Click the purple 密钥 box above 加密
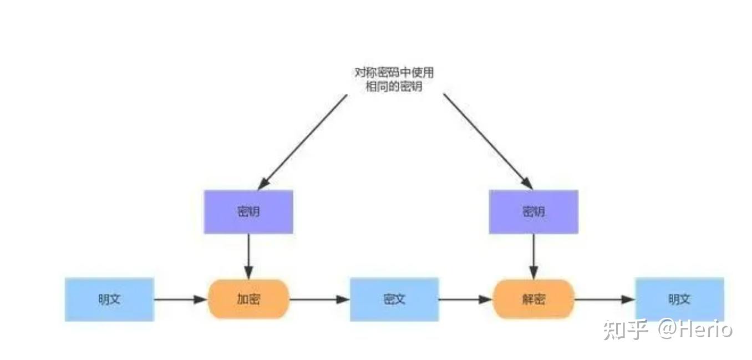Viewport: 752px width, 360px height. [x=248, y=211]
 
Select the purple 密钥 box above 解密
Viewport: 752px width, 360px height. [x=533, y=211]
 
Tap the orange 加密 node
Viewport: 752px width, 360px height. [x=248, y=299]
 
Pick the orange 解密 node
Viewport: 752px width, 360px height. [x=533, y=299]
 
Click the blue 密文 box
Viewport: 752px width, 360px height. [x=394, y=299]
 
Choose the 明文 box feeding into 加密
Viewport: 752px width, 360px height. [x=109, y=299]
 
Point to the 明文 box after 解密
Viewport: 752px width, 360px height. [x=679, y=299]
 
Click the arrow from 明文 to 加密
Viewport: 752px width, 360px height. [x=181, y=299]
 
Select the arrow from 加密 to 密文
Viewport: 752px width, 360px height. [x=319, y=299]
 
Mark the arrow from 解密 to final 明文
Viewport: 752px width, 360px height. [x=604, y=299]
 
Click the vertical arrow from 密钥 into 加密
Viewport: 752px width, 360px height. [x=248, y=257]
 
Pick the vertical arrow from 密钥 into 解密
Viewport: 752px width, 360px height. [x=534, y=257]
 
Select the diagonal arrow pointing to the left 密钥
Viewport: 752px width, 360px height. [x=302, y=142]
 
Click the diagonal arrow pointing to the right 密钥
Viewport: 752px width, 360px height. [x=488, y=141]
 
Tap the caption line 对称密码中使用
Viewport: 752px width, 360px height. [x=394, y=73]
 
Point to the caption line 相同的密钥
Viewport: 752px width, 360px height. [x=394, y=87]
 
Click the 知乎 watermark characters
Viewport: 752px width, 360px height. [x=625, y=329]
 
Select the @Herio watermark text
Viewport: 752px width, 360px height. [x=695, y=329]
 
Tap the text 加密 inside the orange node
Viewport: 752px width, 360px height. [x=248, y=299]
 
